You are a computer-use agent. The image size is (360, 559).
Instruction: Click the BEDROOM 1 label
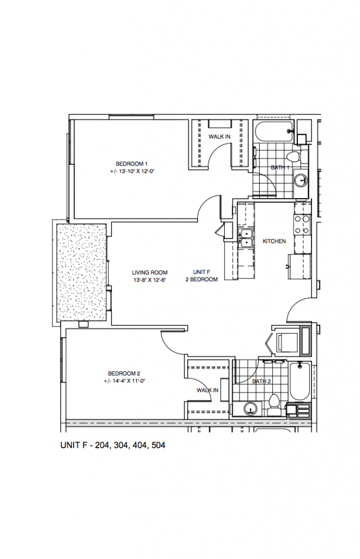(131, 164)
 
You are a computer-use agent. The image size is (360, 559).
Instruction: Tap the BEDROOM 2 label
(124, 373)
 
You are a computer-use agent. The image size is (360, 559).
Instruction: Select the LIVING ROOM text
(149, 272)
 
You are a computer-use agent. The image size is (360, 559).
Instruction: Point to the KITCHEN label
(274, 241)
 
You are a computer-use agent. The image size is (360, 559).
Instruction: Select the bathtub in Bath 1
(273, 132)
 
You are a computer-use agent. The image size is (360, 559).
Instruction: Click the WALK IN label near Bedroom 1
(219, 136)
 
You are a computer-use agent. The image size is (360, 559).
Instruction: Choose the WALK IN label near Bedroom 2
(207, 390)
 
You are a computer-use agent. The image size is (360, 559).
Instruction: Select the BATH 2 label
(261, 381)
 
